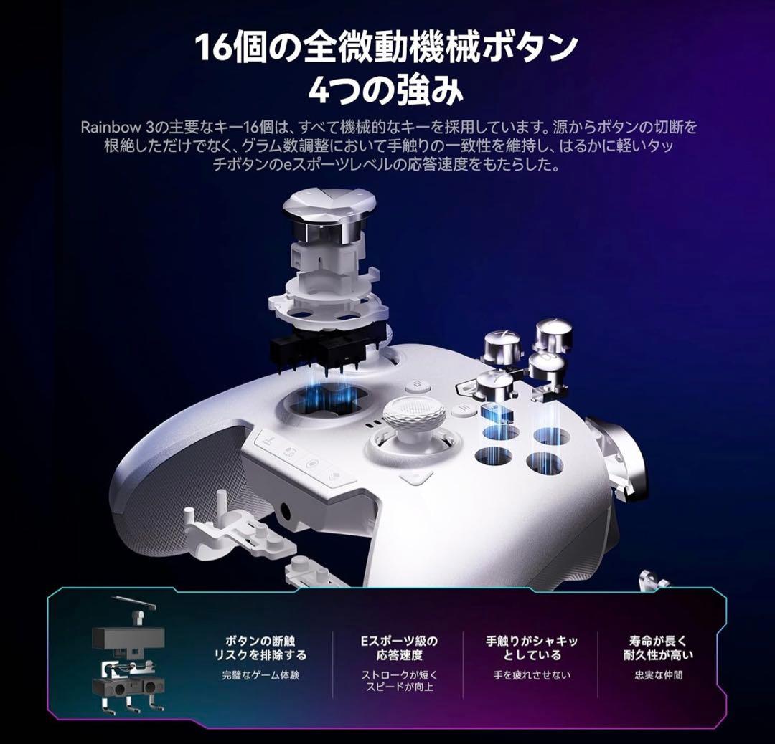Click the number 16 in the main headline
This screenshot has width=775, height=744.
pos(215,47)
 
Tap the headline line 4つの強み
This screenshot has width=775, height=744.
pos(386,90)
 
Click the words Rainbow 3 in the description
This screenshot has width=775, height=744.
pos(118,128)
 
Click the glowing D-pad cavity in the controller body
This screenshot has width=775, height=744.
pos(324,401)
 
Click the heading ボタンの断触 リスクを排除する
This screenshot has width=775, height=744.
pos(260,648)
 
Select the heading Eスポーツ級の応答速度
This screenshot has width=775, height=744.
pos(400,648)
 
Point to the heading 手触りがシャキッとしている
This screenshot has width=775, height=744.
pos(532,648)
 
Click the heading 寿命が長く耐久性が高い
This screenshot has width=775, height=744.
pos(658,648)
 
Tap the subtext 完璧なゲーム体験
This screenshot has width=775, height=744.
pos(260,675)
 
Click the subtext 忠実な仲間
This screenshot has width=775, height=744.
pos(658,675)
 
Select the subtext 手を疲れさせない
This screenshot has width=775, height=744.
pos(532,675)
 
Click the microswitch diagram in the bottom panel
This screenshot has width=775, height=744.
pos(128,657)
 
